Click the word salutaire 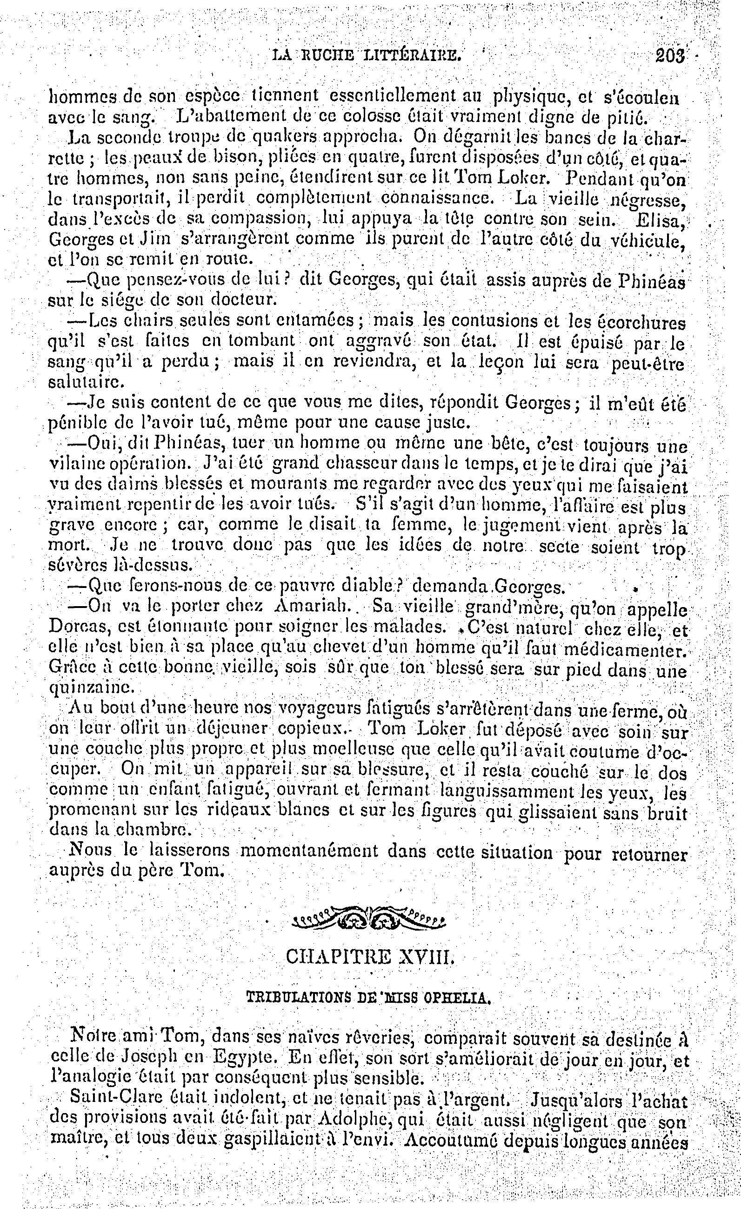82,381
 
